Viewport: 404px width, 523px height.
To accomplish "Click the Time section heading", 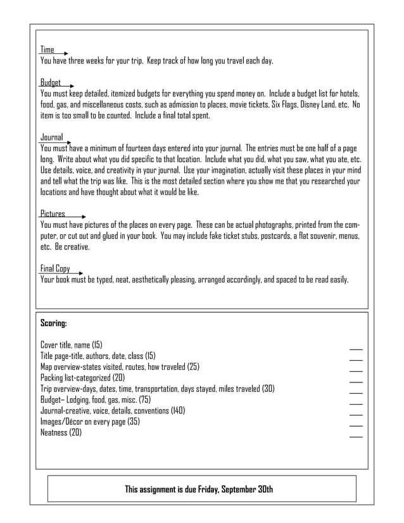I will click(47, 49).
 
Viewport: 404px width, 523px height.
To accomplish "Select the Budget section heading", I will click(51, 82).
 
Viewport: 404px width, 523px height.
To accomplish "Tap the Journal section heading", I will click(51, 136).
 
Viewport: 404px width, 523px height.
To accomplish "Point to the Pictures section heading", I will click(53, 213).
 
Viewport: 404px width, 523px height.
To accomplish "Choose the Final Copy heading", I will click(55, 268).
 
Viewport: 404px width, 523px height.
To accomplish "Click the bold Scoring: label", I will click(54, 323).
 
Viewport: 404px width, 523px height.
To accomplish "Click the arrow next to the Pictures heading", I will click(76, 217).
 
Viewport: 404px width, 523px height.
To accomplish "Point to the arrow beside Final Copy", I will click(79, 272).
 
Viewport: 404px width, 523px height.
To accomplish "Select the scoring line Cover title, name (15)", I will click(71, 345).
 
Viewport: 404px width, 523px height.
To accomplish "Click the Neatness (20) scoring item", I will click(61, 432).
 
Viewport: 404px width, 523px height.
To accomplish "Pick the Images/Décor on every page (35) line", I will click(90, 422).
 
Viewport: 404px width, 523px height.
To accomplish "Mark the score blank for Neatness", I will click(356, 436).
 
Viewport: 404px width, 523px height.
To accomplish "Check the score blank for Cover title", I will click(356, 348).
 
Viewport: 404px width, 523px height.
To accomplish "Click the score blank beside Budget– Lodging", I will click(356, 403).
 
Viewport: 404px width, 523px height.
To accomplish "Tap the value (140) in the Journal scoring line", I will click(177, 410).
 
